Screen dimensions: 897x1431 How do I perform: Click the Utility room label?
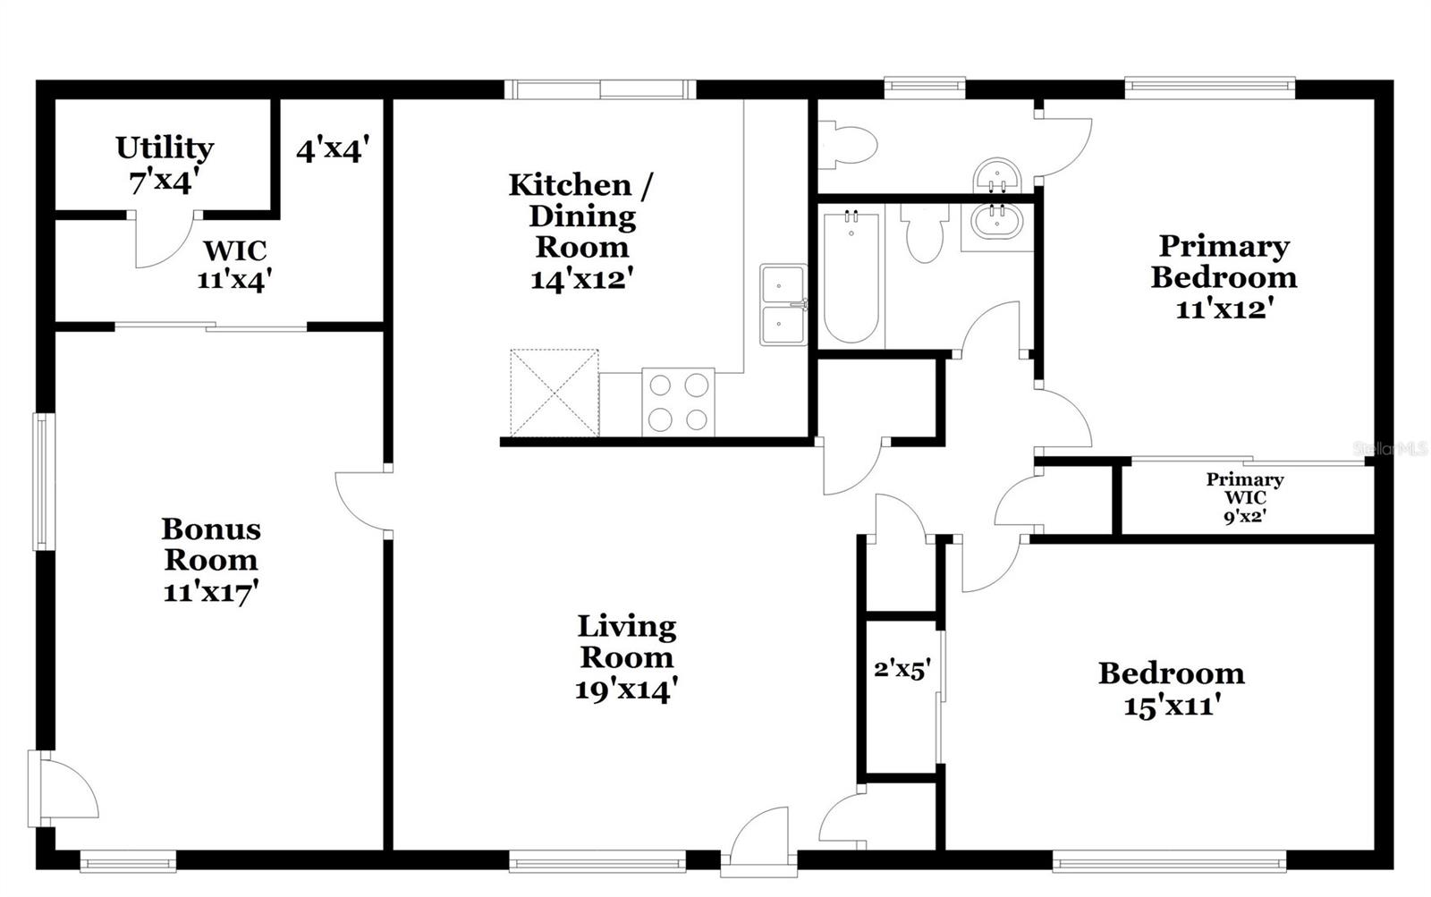tap(164, 163)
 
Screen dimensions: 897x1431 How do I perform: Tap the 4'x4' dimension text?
tap(333, 148)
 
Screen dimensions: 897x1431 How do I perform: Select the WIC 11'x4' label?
tap(234, 265)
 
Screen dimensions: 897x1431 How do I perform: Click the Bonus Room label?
tap(211, 559)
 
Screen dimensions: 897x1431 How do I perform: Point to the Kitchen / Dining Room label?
tap(581, 231)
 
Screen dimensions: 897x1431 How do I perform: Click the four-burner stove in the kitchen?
tap(678, 402)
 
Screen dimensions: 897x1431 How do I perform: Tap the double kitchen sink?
tap(783, 304)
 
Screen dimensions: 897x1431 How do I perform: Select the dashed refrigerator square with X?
tap(554, 393)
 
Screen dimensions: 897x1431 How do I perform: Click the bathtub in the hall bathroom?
tap(851, 277)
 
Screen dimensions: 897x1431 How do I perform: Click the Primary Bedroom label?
tap(1223, 275)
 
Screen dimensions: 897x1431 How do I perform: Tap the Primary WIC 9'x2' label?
tap(1244, 497)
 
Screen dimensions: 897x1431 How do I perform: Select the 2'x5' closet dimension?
tap(902, 669)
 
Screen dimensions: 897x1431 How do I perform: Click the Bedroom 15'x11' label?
tap(1171, 689)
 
